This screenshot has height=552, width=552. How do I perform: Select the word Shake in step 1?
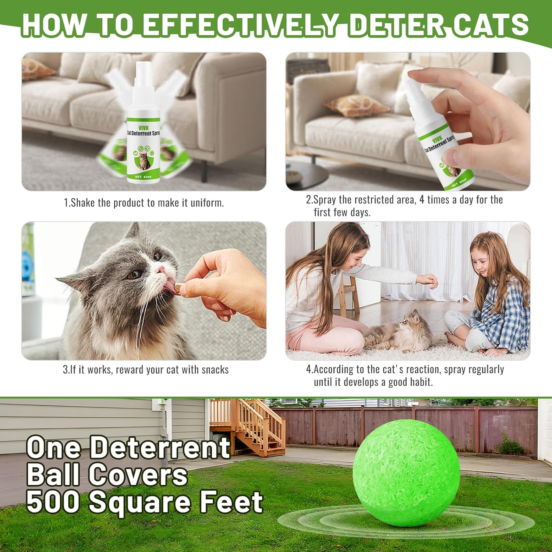click(82, 203)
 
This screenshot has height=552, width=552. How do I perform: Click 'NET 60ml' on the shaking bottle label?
click(143, 177)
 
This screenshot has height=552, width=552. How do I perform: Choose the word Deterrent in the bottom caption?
click(160, 447)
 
